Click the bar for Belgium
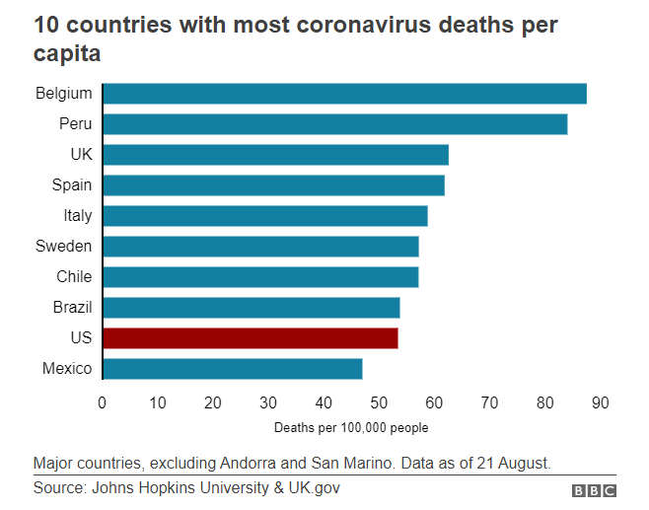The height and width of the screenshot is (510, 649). tap(344, 94)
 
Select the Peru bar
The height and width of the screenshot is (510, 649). tap(334, 124)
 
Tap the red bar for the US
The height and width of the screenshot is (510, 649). tap(250, 338)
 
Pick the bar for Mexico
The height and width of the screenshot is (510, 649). tap(232, 369)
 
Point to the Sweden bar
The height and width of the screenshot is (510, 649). tap(260, 247)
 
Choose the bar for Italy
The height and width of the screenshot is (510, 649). tap(264, 216)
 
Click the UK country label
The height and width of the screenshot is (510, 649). tap(81, 155)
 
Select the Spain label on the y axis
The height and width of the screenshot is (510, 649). tap(72, 185)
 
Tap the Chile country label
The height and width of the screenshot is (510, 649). tap(74, 277)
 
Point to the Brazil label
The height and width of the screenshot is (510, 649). tap(72, 308)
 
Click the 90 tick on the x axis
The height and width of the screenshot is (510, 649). tap(601, 401)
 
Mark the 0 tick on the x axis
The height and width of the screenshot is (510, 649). tap(102, 401)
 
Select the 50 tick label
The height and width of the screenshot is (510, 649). tap(379, 401)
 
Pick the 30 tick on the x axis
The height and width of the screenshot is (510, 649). tap(268, 401)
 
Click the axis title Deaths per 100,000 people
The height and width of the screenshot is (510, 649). tap(351, 428)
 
